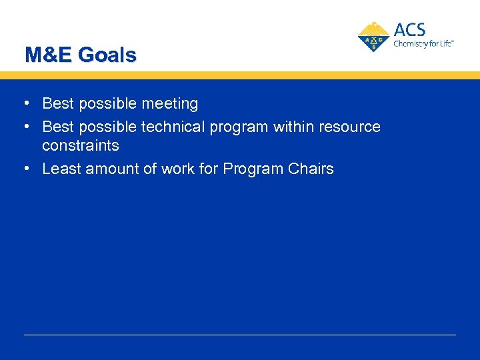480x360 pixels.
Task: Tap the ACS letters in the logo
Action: pyautogui.click(x=409, y=30)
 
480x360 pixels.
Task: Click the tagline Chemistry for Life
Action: pyautogui.click(x=423, y=43)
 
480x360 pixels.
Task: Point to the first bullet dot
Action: pyautogui.click(x=25, y=104)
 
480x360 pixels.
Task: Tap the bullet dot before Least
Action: pyautogui.click(x=25, y=169)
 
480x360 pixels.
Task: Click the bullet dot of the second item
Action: pyautogui.click(x=25, y=127)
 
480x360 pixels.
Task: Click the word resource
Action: pyautogui.click(x=350, y=127)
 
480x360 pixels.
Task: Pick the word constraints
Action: pyautogui.click(x=80, y=145)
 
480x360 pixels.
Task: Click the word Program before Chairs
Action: pyautogui.click(x=252, y=169)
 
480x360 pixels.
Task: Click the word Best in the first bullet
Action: pyautogui.click(x=57, y=104)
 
